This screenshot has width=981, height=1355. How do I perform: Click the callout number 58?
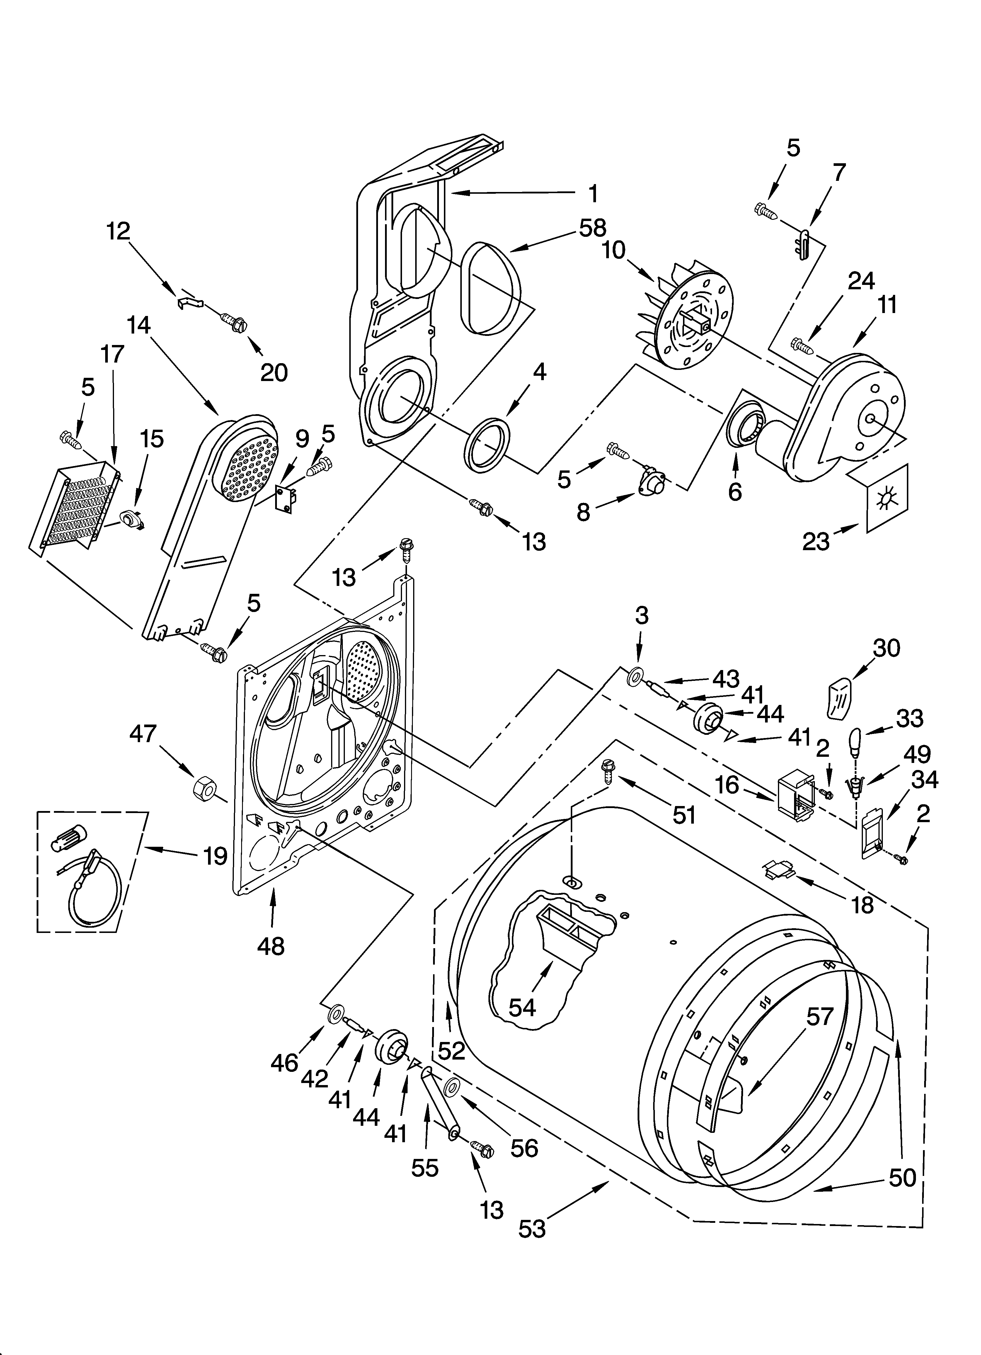pyautogui.click(x=592, y=228)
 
